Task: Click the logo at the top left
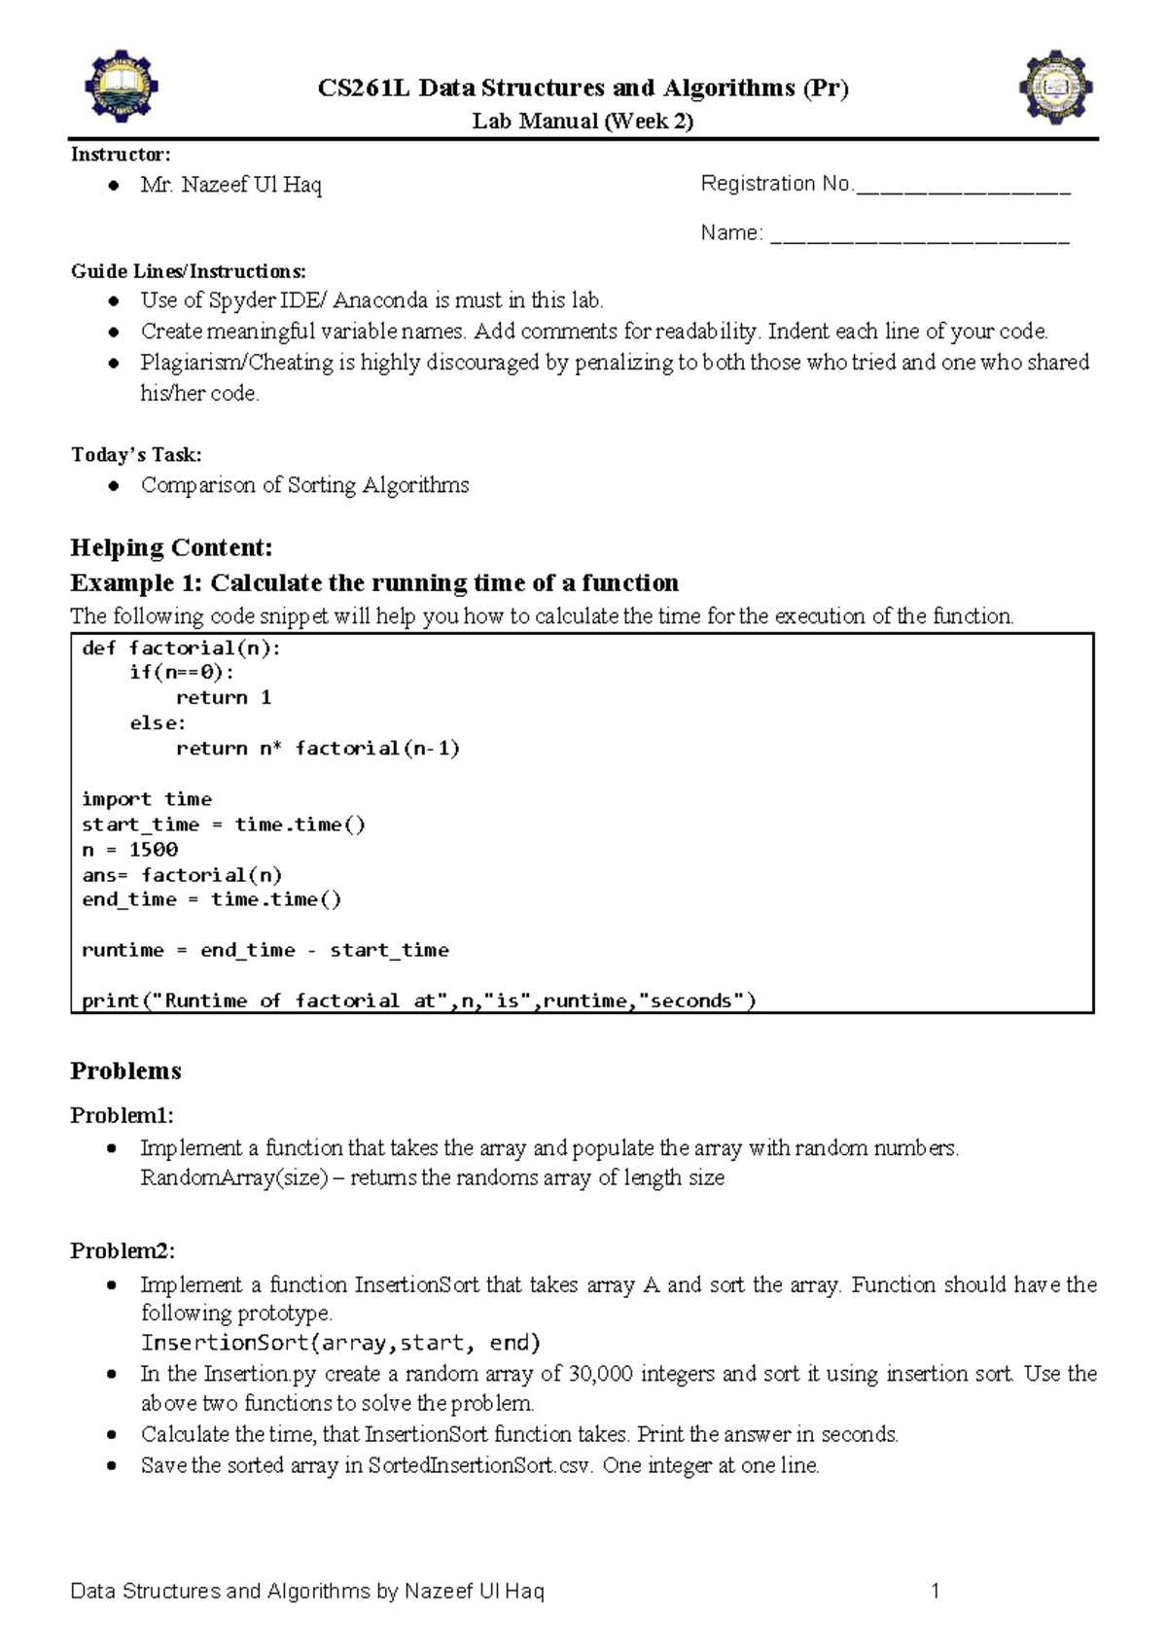pos(121,87)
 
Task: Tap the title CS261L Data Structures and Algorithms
pos(583,88)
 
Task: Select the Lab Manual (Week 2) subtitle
pos(583,122)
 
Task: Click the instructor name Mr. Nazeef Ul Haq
pos(230,185)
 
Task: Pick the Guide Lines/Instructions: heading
pos(188,271)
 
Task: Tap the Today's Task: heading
pos(136,455)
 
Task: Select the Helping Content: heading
pos(171,547)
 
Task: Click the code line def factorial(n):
pos(181,649)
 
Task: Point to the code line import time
pos(147,799)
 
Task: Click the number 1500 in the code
pos(154,850)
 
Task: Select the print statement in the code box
pos(418,1000)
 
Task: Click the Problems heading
pos(125,1070)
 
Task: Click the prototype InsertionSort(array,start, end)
pos(340,1343)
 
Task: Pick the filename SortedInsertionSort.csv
pos(479,1465)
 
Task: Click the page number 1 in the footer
pos(935,1592)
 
